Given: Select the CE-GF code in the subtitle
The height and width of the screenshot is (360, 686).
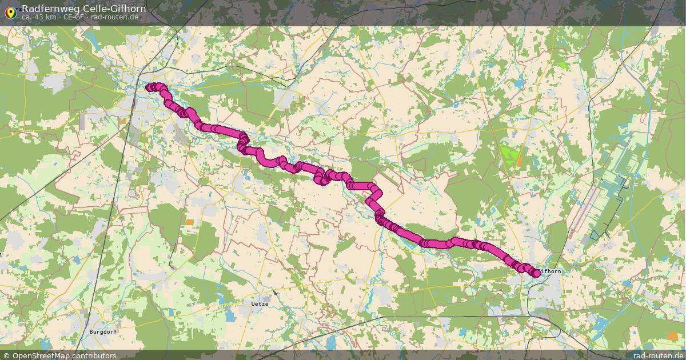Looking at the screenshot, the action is (x=75, y=17).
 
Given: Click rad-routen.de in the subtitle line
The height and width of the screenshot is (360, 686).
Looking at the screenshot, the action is (x=114, y=17).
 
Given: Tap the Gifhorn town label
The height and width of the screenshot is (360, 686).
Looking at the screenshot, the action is (x=549, y=271).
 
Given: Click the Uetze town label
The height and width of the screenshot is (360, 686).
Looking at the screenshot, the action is (x=260, y=304).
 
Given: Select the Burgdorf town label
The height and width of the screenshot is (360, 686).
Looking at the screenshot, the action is (x=103, y=331).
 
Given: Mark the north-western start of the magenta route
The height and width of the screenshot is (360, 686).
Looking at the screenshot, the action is (x=150, y=87).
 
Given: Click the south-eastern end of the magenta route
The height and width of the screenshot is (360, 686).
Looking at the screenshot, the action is (x=536, y=274).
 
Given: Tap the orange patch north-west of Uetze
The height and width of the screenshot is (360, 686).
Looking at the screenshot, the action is (x=189, y=222).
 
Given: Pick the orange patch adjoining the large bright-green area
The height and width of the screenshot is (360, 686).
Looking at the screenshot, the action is (x=519, y=162).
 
